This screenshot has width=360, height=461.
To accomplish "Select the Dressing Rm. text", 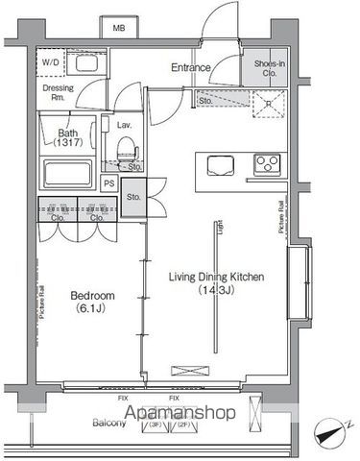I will (59, 94).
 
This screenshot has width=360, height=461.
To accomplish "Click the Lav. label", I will (124, 126).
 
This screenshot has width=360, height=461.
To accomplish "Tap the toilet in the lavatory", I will (126, 155).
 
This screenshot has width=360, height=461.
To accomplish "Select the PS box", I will (110, 182).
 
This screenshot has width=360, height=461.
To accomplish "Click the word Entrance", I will (191, 67).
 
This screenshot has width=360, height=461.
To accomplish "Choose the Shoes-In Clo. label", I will (268, 68).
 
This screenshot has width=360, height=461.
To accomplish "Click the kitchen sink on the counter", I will (215, 163).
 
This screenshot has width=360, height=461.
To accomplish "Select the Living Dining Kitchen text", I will (216, 278).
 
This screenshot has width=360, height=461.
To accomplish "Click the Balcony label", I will (109, 422).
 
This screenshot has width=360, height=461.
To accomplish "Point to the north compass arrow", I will (330, 433).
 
